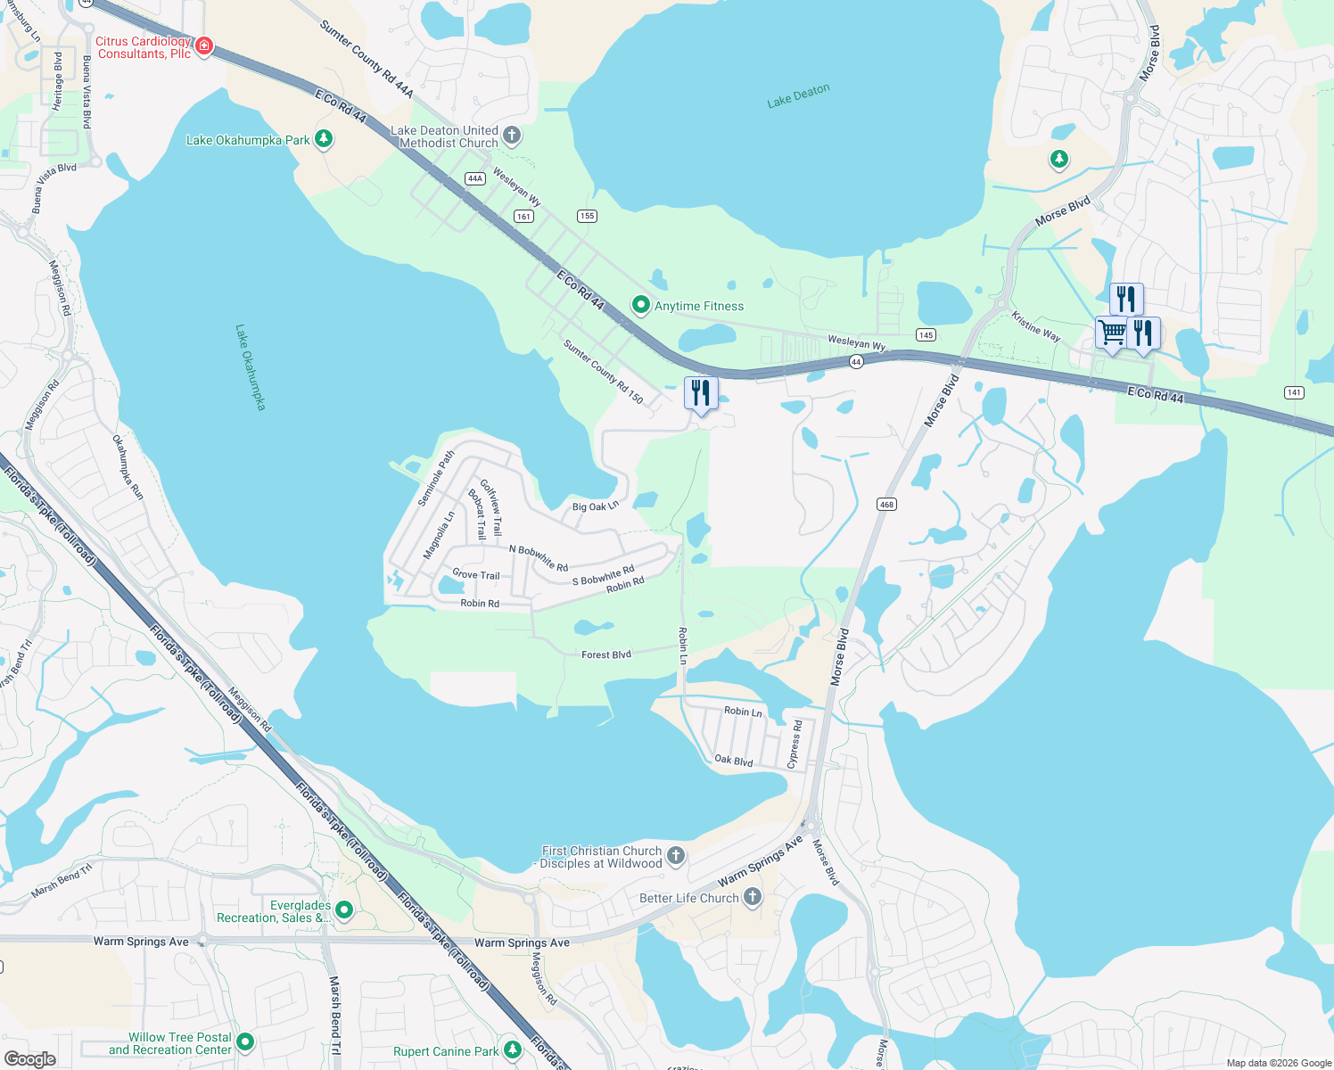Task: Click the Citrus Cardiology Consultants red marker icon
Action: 204,45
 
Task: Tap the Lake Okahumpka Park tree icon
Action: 324,139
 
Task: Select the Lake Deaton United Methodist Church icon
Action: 512,136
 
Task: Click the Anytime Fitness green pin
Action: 640,305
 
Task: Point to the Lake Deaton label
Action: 798,96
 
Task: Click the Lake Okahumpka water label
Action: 251,367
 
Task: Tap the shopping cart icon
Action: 1112,333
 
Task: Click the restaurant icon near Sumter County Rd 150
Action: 701,393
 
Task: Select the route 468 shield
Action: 886,505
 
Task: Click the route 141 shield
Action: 1294,392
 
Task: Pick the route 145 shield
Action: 926,335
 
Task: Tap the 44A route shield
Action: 474,178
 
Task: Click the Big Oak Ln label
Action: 595,506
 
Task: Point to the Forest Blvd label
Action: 606,654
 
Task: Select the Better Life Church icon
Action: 753,897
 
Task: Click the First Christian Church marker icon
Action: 676,856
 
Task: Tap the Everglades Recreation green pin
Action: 344,910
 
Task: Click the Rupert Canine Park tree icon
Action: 512,1050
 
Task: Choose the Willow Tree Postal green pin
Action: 245,1041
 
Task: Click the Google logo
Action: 29,1058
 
